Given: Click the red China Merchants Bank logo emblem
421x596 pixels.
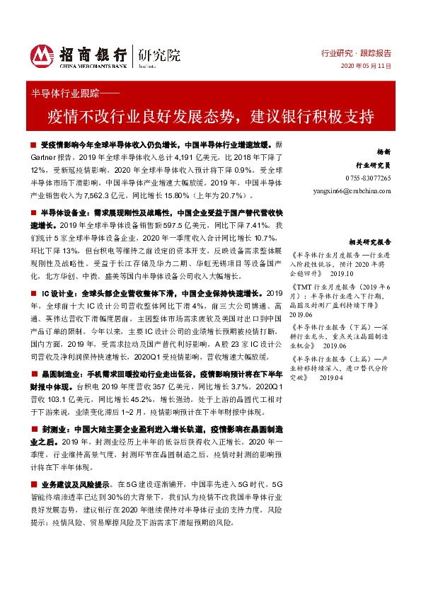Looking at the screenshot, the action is pos(41,55).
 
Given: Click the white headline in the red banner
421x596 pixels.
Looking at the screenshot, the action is pos(210,115).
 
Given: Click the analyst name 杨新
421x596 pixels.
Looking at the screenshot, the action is pos(383,153).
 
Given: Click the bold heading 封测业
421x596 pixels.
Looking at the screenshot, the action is pos(51,429).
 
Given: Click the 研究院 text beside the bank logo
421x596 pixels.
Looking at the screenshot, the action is pos(161,53).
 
